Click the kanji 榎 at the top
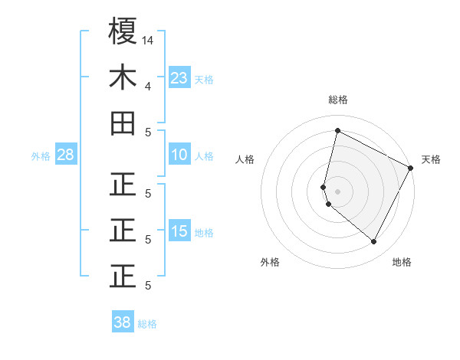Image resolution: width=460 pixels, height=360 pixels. click(122, 32)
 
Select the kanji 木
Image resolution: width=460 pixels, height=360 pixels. click(122, 77)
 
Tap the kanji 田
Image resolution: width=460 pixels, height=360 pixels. click(122, 123)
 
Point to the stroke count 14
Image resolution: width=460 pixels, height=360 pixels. click(148, 40)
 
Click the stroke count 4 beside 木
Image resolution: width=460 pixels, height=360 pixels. click(147, 86)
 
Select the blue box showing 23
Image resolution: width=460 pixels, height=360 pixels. click(179, 77)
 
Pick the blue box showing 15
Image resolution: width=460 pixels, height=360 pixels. click(179, 231)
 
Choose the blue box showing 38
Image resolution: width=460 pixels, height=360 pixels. click(122, 322)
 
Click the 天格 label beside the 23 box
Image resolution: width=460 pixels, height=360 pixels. click(204, 79)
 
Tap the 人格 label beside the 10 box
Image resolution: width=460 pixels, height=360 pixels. click(204, 156)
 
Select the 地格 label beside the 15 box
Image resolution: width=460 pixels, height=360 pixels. click(204, 232)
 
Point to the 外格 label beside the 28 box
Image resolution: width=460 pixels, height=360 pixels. click(41, 156)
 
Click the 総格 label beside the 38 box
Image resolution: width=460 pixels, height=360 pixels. click(147, 324)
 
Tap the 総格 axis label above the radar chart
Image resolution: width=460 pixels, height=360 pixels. click(337, 100)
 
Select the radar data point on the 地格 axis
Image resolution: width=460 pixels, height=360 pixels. click(373, 242)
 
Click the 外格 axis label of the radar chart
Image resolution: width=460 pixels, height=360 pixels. click(270, 262)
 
